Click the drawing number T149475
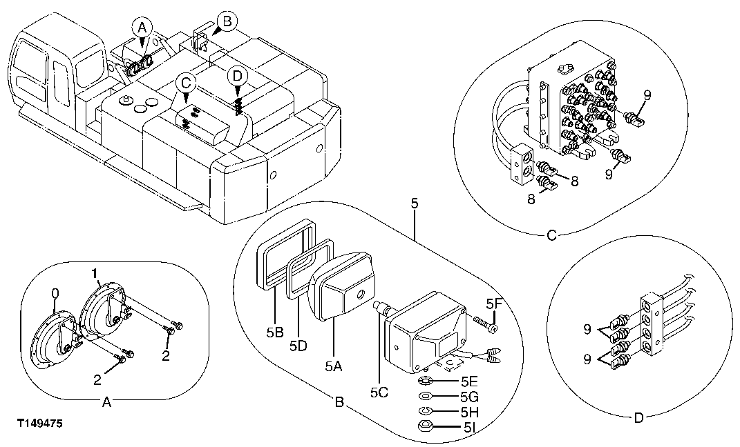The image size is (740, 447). tap(41, 425)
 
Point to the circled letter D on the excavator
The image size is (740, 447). tap(237, 74)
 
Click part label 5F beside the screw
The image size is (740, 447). tap(493, 303)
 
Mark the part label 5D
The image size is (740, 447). tap(298, 346)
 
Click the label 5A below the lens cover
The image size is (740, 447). tap(333, 368)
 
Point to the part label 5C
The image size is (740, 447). tap(378, 393)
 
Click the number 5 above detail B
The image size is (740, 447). tap(413, 204)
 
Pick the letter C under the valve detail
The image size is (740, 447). tap(551, 235)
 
